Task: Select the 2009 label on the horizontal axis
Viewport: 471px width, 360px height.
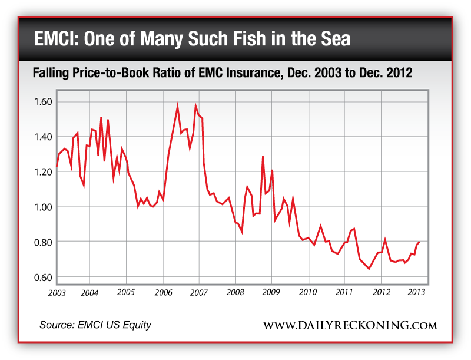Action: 271,292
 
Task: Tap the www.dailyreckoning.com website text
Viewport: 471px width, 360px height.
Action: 350,325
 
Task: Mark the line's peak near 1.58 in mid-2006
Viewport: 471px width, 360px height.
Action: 177,106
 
